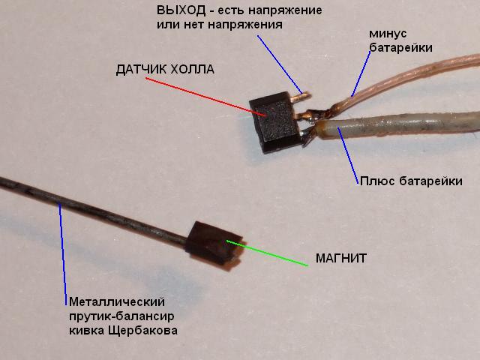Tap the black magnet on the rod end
coord(214,246)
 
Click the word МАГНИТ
coord(341,259)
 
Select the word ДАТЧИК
coord(141,70)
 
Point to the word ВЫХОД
coord(181,10)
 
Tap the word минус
coord(388,34)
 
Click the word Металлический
coord(117,301)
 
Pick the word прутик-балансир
coord(121,316)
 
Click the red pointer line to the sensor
coord(205,97)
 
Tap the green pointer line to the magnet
coord(267,253)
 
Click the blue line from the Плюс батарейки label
coord(348,155)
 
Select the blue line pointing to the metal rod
coord(63,254)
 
